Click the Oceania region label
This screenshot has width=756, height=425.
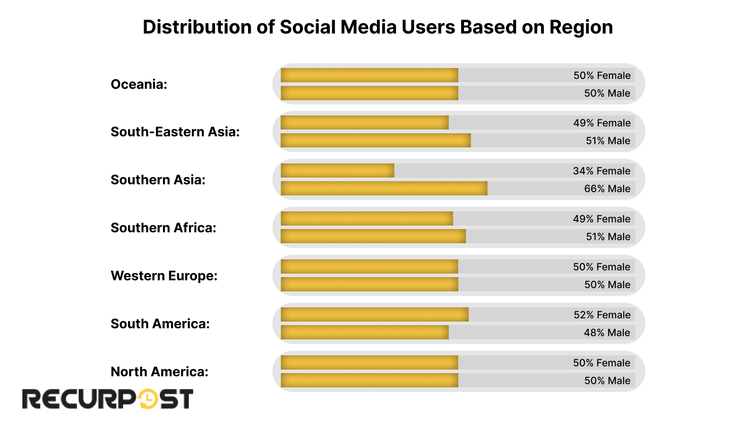pyautogui.click(x=139, y=85)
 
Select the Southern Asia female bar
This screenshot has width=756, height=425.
pyautogui.click(x=337, y=170)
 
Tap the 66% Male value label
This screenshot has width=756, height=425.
pyautogui.click(x=607, y=189)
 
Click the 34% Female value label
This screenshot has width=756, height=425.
pyautogui.click(x=601, y=171)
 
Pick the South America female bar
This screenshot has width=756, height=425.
pyautogui.click(x=374, y=314)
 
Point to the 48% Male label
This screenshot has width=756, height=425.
pyautogui.click(x=607, y=333)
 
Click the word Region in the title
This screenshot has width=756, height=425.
pyautogui.click(x=581, y=27)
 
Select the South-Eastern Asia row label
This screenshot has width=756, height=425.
pyautogui.click(x=175, y=132)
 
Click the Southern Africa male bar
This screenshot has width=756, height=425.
pyautogui.click(x=373, y=236)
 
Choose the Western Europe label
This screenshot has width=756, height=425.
pyautogui.click(x=164, y=276)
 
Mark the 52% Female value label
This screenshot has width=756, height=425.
pyautogui.click(x=602, y=315)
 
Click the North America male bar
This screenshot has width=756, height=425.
pyautogui.click(x=369, y=380)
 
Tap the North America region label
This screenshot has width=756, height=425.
pyautogui.click(x=159, y=372)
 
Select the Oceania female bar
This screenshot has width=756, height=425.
pyautogui.click(x=369, y=75)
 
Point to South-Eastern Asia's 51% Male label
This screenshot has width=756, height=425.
pyautogui.click(x=608, y=141)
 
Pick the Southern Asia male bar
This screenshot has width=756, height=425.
pyautogui.click(x=384, y=188)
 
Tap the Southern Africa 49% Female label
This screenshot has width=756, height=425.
pyautogui.click(x=601, y=219)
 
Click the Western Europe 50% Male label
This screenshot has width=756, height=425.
pyautogui.click(x=607, y=285)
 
